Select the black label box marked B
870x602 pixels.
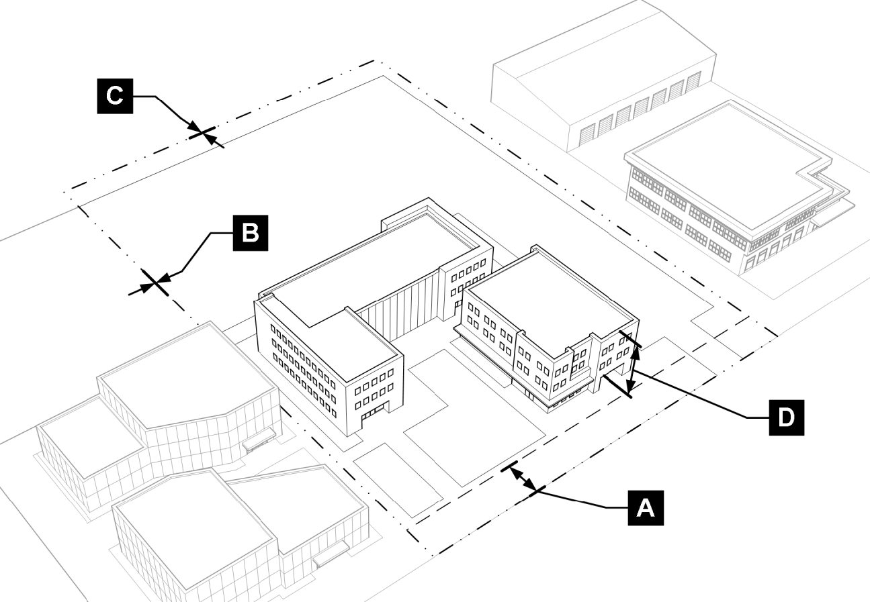tap(249, 232)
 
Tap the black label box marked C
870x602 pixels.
tap(116, 96)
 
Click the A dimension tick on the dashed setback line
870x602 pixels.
tap(509, 466)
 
